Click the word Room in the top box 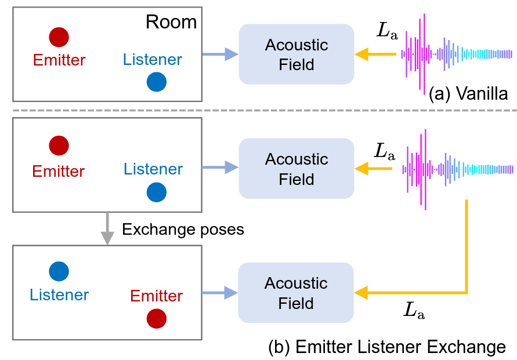click(171, 22)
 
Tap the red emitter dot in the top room click(59, 37)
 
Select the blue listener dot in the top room click(157, 82)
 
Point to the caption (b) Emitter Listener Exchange click(387, 347)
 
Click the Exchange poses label click(183, 229)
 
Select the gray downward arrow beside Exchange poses click(107, 228)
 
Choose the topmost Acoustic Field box click(297, 54)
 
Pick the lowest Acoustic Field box click(296, 293)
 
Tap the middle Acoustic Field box click(297, 169)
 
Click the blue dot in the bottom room click(59, 271)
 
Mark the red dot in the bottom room click(157, 318)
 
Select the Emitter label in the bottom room click(157, 296)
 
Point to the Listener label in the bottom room click(59, 294)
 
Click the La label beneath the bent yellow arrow click(414, 311)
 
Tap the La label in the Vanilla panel click(386, 31)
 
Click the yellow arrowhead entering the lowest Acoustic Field click(361, 292)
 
